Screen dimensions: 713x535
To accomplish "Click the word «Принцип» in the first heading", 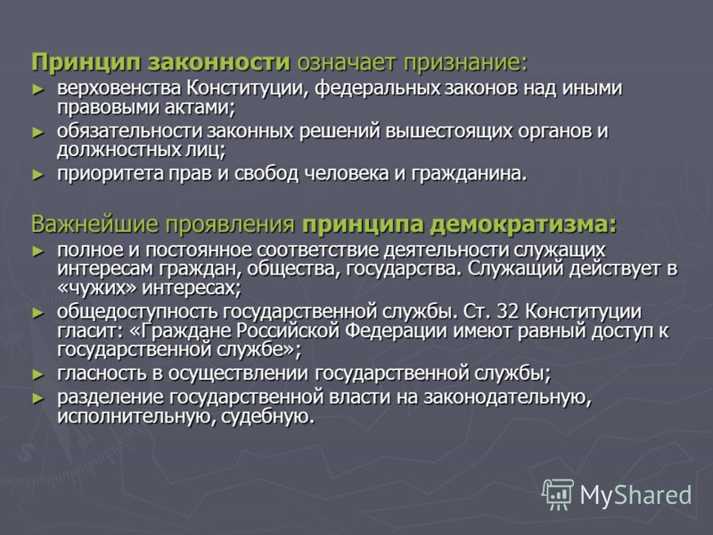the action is [x=86, y=62].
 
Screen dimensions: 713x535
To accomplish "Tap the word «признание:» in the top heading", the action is [x=466, y=62].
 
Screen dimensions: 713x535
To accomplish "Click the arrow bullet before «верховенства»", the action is [x=38, y=89].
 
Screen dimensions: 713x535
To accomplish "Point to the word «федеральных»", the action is [x=377, y=88].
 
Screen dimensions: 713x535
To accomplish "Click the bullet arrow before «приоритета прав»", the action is [x=38, y=175].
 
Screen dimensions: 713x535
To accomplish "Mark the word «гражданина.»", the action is [x=470, y=174].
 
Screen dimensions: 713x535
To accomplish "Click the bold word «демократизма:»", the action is [x=524, y=225].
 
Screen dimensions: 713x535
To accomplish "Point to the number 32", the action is [x=508, y=312].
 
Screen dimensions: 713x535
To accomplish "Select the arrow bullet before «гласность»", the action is [x=38, y=374].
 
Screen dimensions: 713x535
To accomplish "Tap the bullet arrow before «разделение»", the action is [x=38, y=399].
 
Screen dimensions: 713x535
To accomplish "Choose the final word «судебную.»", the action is [x=268, y=416].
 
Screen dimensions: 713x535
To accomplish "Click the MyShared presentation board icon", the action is [x=558, y=494].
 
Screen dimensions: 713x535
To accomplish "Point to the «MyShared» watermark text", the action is [x=635, y=495].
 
